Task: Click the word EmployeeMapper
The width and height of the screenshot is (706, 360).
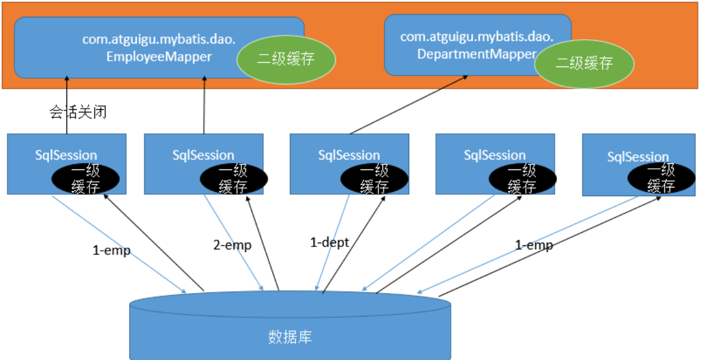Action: [x=159, y=56]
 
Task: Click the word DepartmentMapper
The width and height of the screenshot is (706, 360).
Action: [x=476, y=54]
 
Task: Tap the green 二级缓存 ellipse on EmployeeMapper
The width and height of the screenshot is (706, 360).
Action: [x=286, y=60]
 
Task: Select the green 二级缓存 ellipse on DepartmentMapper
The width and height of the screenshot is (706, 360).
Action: [x=584, y=63]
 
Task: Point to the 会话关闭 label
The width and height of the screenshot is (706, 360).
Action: [x=78, y=112]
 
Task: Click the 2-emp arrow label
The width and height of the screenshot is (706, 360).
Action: [x=232, y=245]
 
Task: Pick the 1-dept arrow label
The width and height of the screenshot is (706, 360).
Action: [x=330, y=243]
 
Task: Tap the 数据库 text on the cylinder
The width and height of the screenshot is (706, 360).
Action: [x=290, y=338]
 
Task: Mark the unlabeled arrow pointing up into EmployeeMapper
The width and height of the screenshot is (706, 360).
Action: [x=204, y=106]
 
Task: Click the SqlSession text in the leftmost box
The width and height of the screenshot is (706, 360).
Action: [x=66, y=155]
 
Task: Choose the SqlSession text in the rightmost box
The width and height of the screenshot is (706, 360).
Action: [x=638, y=157]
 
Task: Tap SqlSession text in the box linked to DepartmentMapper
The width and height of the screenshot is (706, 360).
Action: [x=349, y=155]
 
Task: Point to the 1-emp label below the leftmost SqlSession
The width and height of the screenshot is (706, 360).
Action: [x=112, y=251]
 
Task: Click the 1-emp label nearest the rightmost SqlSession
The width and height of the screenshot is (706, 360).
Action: [x=534, y=245]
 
